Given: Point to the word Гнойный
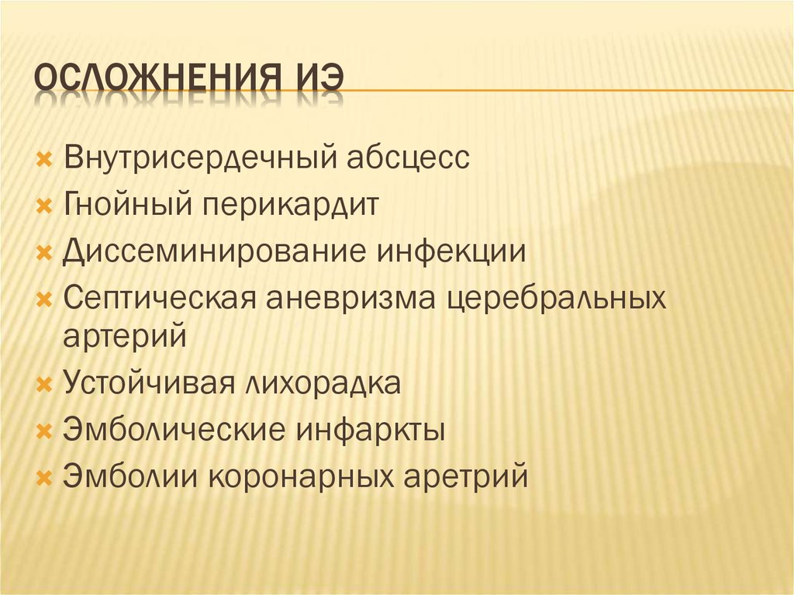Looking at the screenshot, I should pos(128,206).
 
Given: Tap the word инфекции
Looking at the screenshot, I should pos(453,252).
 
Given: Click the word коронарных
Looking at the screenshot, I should pos(302,475).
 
